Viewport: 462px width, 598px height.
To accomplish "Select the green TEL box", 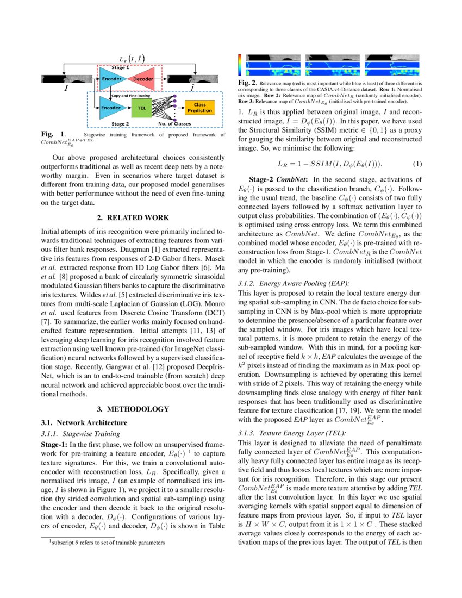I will (x=142, y=108).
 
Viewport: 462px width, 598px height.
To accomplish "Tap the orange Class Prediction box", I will (x=199, y=108).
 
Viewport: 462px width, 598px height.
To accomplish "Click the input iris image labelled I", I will (x=66, y=79).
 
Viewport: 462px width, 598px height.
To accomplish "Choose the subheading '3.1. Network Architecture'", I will (x=84, y=422).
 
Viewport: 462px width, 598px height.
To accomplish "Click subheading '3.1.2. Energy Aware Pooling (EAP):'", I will (x=294, y=283).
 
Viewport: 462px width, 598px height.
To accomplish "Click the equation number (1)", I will (x=416, y=164).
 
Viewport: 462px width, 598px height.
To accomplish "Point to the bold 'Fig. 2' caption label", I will (x=248, y=82).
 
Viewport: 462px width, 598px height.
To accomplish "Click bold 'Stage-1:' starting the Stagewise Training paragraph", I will (x=54, y=444).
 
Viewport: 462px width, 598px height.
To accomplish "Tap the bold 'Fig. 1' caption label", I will (x=52, y=133).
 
